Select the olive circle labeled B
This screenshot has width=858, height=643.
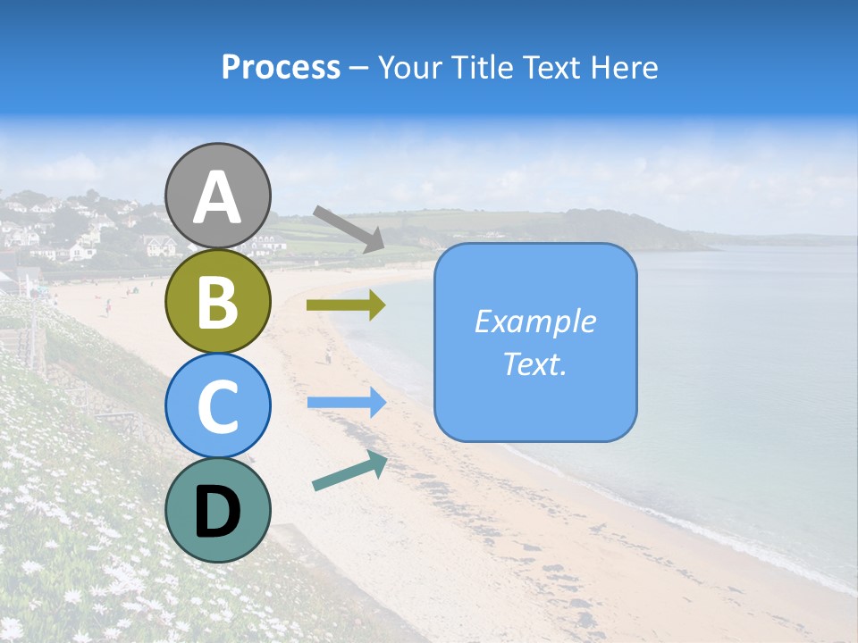(x=217, y=302)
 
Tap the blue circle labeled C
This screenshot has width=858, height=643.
(x=217, y=405)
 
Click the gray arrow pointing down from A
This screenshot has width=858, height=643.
(x=349, y=229)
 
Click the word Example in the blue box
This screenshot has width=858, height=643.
(x=534, y=321)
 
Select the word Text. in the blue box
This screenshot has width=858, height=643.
(x=534, y=363)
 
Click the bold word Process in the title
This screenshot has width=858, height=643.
(x=281, y=67)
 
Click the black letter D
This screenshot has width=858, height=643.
(x=217, y=512)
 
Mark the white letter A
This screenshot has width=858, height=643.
(x=217, y=197)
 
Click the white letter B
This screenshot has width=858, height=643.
(x=217, y=302)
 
